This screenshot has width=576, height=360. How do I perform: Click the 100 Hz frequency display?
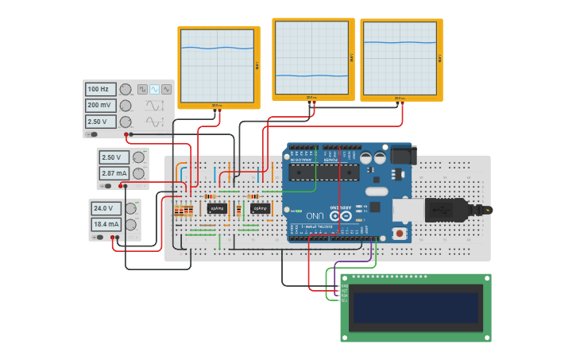pyautogui.click(x=101, y=90)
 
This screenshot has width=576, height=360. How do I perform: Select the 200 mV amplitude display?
pyautogui.click(x=101, y=106)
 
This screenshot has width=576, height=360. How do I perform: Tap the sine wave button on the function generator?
pyautogui.click(x=154, y=90)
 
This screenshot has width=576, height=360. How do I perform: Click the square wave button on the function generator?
pyautogui.click(x=142, y=90)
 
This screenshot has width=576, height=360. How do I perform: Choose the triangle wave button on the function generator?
pyautogui.click(x=166, y=90)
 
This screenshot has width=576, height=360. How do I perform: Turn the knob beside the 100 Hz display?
pyautogui.click(x=126, y=90)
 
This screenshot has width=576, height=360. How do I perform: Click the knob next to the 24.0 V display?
pyautogui.click(x=131, y=209)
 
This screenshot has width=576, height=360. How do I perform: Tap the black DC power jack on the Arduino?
pyautogui.click(x=402, y=155)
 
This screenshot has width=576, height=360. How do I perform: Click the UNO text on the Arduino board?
pyautogui.click(x=315, y=215)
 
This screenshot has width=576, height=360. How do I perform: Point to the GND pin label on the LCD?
pyautogui.click(x=344, y=287)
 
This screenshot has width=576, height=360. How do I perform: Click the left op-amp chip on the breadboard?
pyautogui.click(x=217, y=209)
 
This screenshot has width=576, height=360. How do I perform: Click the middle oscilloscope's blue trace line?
pyautogui.click(x=311, y=75)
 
